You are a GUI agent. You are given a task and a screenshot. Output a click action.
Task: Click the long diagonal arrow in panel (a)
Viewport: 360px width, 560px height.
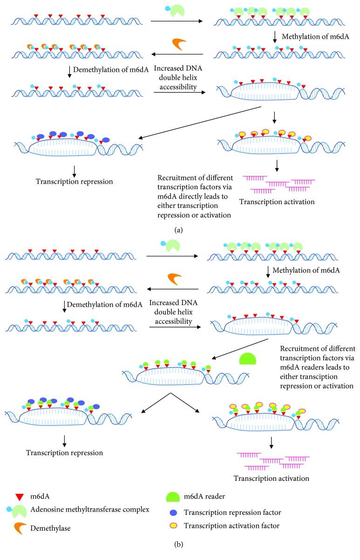(200, 122)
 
